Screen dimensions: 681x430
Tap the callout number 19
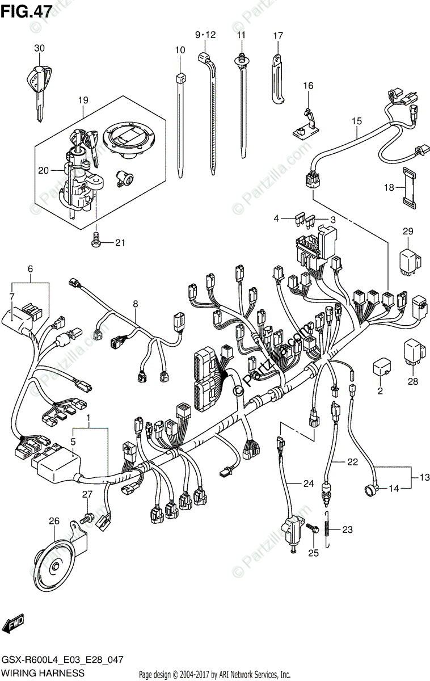pos(83,100)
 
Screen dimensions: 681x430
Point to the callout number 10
pos(180,50)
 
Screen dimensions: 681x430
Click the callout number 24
pos(307,484)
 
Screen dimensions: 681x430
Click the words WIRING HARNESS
pos(43,672)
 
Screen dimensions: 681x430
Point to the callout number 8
pos(136,304)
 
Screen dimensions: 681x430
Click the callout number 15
pos(356,120)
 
